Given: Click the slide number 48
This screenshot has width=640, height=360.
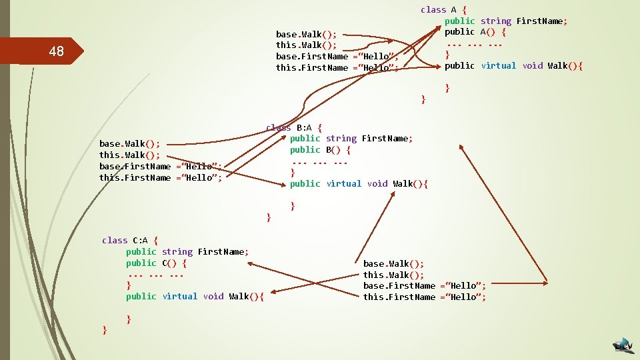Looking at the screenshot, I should click(57, 52).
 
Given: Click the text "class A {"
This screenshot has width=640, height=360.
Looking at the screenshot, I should click(443, 9).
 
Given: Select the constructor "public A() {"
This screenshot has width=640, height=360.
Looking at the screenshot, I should click(475, 32).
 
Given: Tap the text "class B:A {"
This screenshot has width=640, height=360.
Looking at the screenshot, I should click(294, 127).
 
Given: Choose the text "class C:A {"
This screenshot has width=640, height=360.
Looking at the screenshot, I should click(130, 240).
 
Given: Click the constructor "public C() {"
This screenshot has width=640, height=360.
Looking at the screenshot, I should click(156, 263).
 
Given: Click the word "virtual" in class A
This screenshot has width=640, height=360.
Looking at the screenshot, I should click(499, 65).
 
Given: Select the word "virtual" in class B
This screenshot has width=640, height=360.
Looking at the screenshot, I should click(344, 183).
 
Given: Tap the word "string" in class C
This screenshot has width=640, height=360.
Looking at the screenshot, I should click(177, 251).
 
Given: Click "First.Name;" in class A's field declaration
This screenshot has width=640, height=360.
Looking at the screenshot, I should click(542, 21).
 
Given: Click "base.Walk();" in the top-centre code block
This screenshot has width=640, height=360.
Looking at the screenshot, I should click(306, 34).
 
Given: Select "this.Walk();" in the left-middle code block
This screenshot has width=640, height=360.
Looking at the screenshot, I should click(129, 155).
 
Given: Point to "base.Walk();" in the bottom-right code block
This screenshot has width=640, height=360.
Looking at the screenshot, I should click(393, 263).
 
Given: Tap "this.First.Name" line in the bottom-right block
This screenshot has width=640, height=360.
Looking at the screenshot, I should click(424, 297).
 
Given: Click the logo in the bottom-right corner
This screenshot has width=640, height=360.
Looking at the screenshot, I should click(624, 345).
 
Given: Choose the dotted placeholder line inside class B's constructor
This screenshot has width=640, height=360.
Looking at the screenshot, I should click(321, 161).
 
